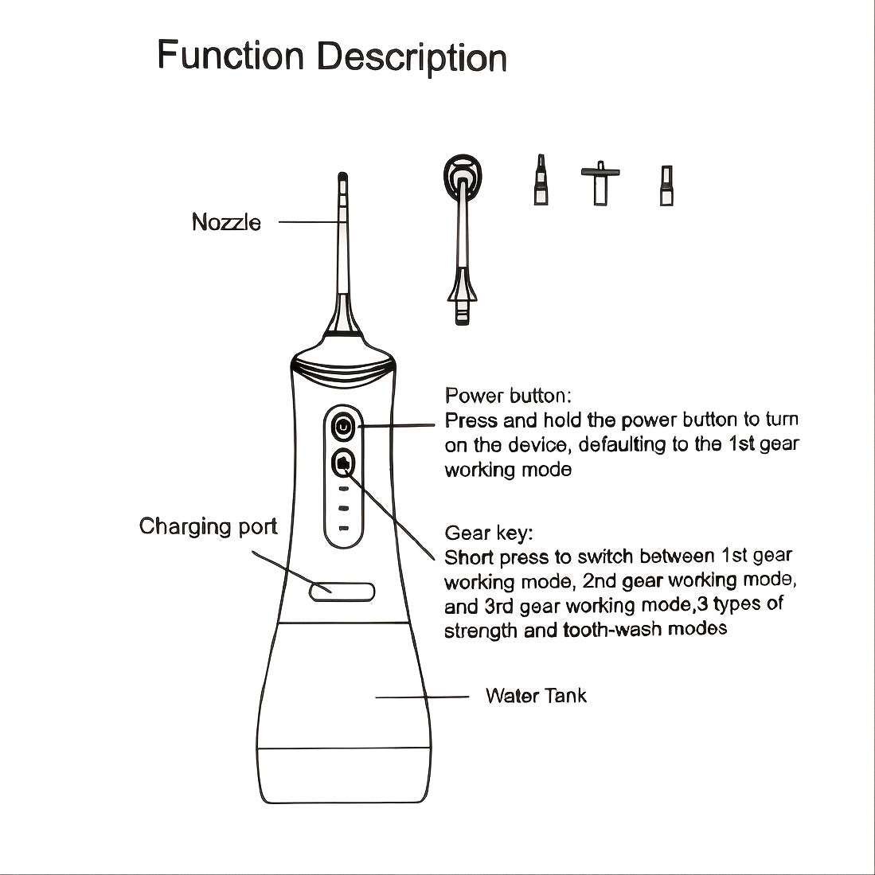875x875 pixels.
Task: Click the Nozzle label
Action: click(226, 222)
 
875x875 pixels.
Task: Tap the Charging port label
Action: click(208, 527)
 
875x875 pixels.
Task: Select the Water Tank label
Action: click(536, 696)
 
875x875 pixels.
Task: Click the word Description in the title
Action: click(412, 57)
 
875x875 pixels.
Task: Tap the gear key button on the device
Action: click(343, 463)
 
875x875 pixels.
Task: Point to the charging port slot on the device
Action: click(342, 592)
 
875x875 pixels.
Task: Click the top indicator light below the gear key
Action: click(344, 489)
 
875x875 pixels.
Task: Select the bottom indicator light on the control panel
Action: click(344, 528)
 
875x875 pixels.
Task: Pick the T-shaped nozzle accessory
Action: click(600, 183)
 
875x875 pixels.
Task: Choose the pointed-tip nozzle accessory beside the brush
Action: click(541, 180)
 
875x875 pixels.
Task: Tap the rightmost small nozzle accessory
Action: click(666, 186)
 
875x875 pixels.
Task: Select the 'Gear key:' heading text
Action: click(489, 533)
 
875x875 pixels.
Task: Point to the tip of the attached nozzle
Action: click(342, 174)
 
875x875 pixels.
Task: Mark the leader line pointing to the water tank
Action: click(422, 697)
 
